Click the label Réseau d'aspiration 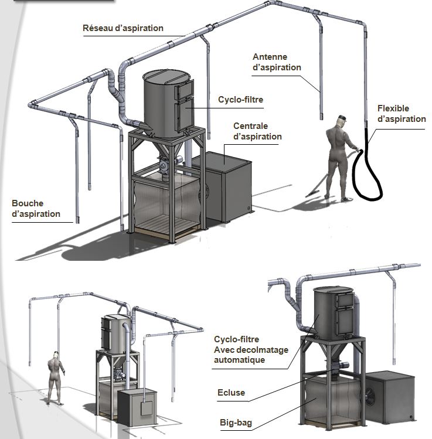point(123,28)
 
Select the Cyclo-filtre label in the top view point(240,100)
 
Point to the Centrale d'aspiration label point(257,131)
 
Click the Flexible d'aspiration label point(402,114)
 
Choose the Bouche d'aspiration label point(36,209)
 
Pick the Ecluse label point(231,393)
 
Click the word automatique point(239,360)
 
